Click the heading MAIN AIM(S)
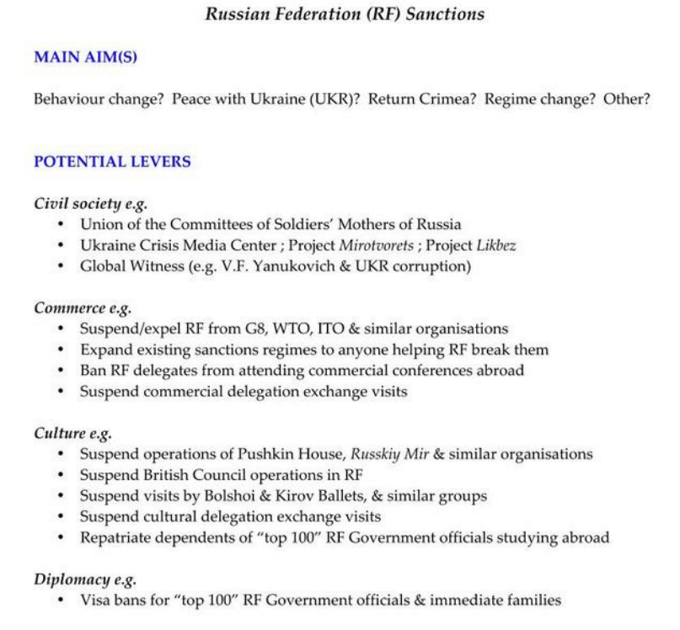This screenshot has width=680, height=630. [x=85, y=57]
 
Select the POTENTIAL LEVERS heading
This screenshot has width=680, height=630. [x=112, y=161]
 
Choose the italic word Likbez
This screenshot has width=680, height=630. [x=495, y=245]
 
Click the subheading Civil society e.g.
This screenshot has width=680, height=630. [x=92, y=204]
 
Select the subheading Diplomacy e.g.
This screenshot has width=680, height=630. [x=85, y=579]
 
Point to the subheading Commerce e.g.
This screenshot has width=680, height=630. [x=83, y=308]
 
